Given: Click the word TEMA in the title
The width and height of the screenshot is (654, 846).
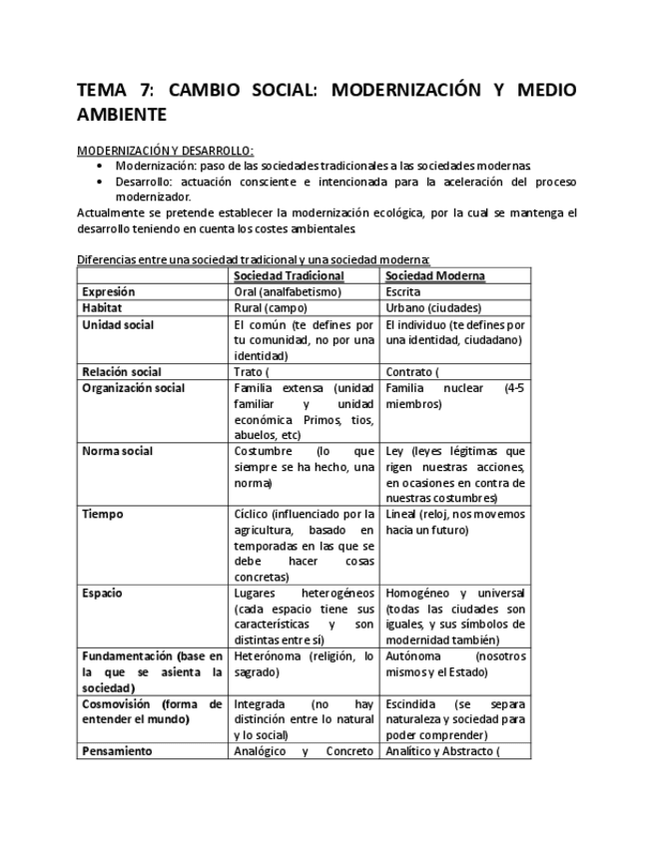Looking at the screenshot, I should point(102,91).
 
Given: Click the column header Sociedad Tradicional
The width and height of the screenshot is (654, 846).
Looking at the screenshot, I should point(289,275).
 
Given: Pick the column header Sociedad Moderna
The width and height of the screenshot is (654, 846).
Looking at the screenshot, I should point(435,275).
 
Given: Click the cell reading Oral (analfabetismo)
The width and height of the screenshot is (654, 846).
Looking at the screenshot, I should point(288,292).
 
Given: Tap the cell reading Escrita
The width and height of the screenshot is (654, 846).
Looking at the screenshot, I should point(403,292).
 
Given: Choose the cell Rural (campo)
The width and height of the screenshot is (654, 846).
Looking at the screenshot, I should point(271,308).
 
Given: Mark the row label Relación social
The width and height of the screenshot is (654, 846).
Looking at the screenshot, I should point(122,372).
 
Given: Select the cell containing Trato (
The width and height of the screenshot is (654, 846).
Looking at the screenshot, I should point(253,372).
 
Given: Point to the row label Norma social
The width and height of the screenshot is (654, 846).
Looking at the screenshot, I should point(118,451).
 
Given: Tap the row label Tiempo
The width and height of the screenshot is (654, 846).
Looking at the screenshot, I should point(103,515).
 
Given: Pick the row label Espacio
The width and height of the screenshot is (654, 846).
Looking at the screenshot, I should point(103,593).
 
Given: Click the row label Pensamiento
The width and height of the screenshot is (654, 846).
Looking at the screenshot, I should point(117,751).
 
